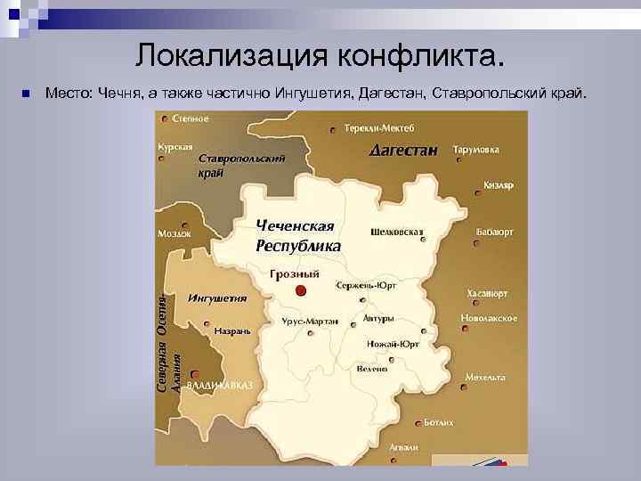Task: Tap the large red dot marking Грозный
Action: click(301, 290)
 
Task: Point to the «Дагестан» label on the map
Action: click(403, 151)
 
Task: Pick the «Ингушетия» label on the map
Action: click(217, 298)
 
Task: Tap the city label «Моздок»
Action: click(174, 233)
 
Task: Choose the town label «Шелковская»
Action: click(396, 231)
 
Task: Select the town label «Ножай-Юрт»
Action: click(393, 344)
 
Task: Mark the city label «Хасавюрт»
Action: click(487, 292)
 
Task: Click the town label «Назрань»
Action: click(232, 330)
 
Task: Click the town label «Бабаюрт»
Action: click(495, 231)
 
